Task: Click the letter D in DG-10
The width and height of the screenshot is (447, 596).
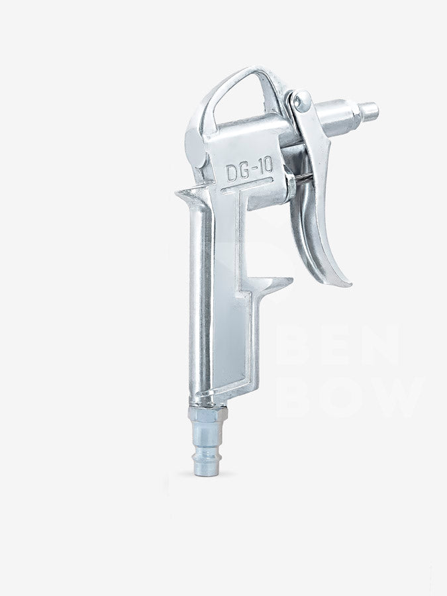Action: [232, 173]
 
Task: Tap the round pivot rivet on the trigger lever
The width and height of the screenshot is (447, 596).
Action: [303, 101]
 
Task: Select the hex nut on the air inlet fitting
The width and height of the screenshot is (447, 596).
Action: [209, 413]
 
